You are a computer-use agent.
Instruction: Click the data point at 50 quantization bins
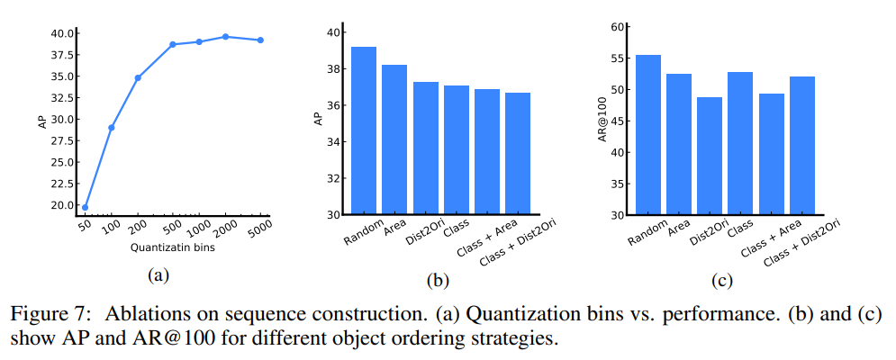[x=85, y=207]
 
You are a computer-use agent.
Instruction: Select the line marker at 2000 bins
[x=225, y=37]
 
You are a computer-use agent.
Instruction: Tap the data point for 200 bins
[x=138, y=77]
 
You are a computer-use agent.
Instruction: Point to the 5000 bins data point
[x=260, y=40]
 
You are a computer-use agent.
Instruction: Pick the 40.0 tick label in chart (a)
[x=63, y=33]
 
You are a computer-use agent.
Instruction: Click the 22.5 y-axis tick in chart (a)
[x=63, y=184]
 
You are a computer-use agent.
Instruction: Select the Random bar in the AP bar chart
[x=364, y=130]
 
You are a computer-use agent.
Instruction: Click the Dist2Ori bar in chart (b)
[x=426, y=148]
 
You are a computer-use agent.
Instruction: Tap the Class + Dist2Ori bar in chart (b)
[x=518, y=154]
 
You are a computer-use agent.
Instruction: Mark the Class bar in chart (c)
[x=740, y=143]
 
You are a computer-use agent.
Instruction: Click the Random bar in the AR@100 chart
[x=648, y=135]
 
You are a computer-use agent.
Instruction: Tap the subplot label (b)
[x=438, y=281]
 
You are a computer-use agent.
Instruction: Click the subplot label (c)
[x=721, y=281]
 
